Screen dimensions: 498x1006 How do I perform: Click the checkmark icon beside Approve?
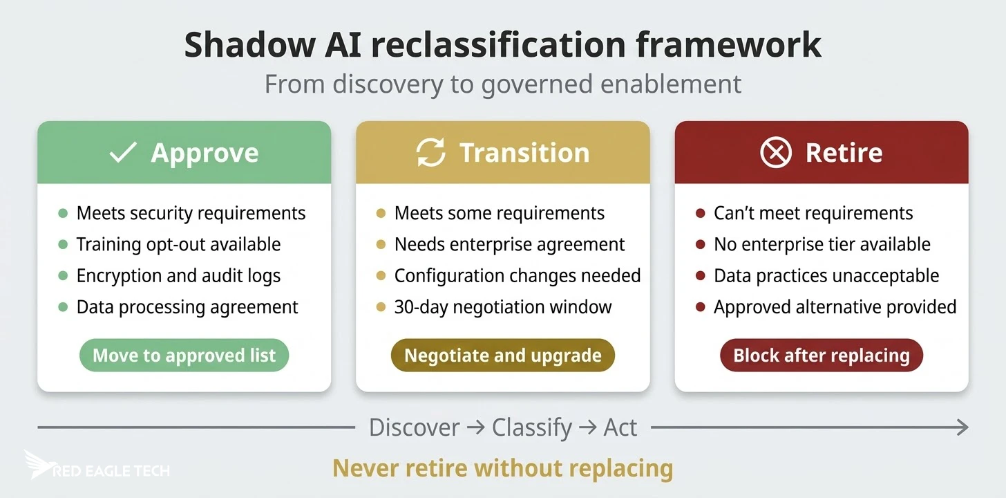(123, 153)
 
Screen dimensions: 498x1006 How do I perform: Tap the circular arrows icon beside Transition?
(430, 153)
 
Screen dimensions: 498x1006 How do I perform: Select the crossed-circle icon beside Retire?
(775, 153)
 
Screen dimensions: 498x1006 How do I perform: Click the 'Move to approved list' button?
(184, 356)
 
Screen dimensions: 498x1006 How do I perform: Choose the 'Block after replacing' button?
(821, 356)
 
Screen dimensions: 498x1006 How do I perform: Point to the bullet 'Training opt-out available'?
(178, 244)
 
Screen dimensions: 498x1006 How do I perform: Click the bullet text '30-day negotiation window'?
(502, 306)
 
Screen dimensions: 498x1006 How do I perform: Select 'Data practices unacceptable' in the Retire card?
(826, 275)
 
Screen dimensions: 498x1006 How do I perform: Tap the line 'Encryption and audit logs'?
(178, 275)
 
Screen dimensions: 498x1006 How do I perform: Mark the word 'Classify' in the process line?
(532, 427)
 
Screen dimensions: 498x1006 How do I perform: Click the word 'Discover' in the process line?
(414, 427)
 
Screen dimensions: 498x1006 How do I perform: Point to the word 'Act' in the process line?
(620, 427)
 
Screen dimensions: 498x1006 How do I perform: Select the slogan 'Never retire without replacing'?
(502, 468)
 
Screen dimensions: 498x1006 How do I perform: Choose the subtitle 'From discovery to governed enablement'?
(502, 84)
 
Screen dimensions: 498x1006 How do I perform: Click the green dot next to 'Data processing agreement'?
(63, 306)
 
